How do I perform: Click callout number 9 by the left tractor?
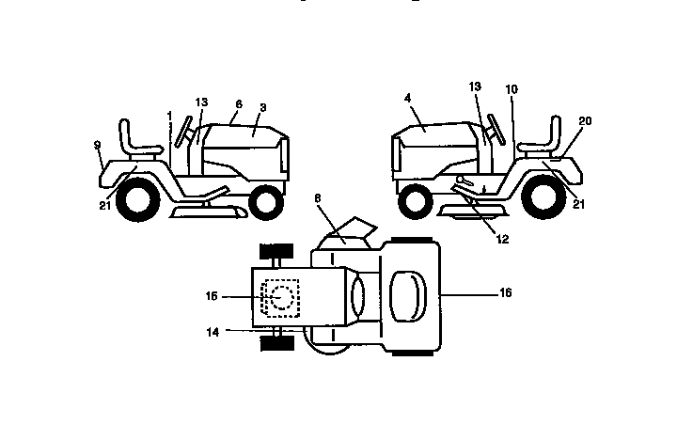coord(98,146)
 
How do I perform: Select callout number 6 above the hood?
coord(239,105)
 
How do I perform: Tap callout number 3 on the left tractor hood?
coord(252,133)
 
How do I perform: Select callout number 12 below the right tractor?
coord(502,239)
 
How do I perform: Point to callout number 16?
coord(505,294)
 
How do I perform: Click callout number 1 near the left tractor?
coord(168,116)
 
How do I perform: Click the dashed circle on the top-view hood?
coord(281,297)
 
